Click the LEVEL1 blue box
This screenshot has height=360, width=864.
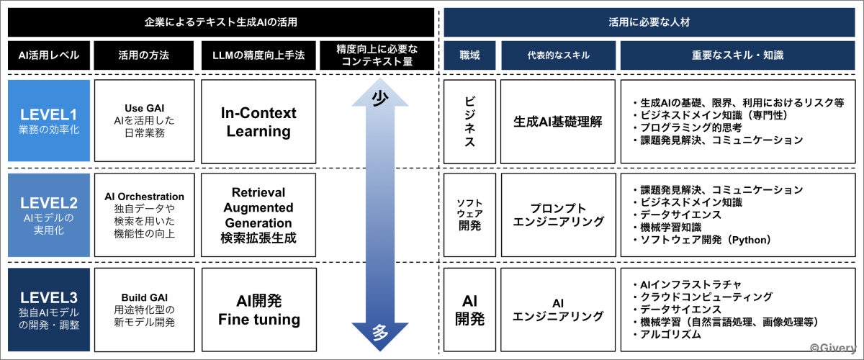coord(49,121)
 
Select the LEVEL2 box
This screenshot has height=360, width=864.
coord(49,215)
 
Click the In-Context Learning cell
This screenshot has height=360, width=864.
coord(258,121)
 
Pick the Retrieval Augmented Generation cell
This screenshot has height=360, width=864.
coord(258,215)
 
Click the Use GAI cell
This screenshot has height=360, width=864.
coord(144,121)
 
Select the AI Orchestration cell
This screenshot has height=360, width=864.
coord(144,215)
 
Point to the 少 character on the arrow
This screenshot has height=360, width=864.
coord(379,99)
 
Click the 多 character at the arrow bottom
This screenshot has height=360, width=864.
coord(379,333)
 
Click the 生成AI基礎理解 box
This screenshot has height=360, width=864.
coord(558,121)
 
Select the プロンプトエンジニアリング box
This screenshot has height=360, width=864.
coord(558,215)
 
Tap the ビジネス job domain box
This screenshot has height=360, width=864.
coord(469,121)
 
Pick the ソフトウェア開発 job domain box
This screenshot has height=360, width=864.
coord(469,215)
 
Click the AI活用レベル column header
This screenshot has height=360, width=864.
coord(49,55)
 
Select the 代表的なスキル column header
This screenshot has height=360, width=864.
coord(558,55)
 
